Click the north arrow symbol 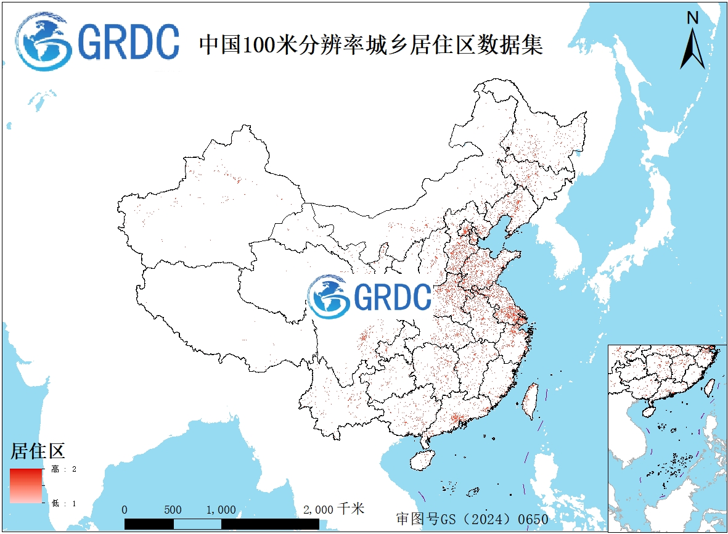[692, 48]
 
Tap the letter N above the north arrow [693, 18]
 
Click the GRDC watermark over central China [370, 297]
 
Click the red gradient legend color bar [26, 486]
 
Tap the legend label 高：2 [64, 470]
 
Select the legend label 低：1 [64, 503]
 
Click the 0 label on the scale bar [125, 510]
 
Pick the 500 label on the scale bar [173, 510]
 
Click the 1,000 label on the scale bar [221, 510]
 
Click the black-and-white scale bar [222, 524]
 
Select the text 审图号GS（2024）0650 [472, 519]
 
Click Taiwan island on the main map [530, 400]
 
